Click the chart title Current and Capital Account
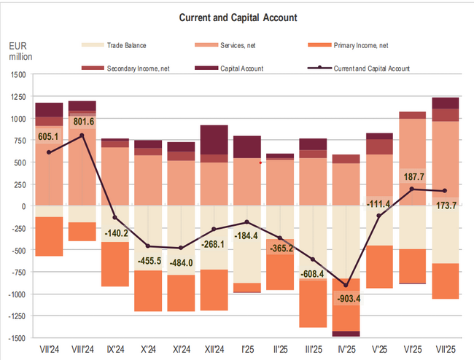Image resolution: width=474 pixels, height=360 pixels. click(236, 17)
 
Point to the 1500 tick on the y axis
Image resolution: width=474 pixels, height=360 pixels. click(17, 74)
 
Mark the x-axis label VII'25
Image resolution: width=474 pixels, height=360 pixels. click(445, 350)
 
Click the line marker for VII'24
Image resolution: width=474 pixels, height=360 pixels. click(49, 152)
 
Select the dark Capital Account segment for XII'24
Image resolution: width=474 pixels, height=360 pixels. click(214, 139)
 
